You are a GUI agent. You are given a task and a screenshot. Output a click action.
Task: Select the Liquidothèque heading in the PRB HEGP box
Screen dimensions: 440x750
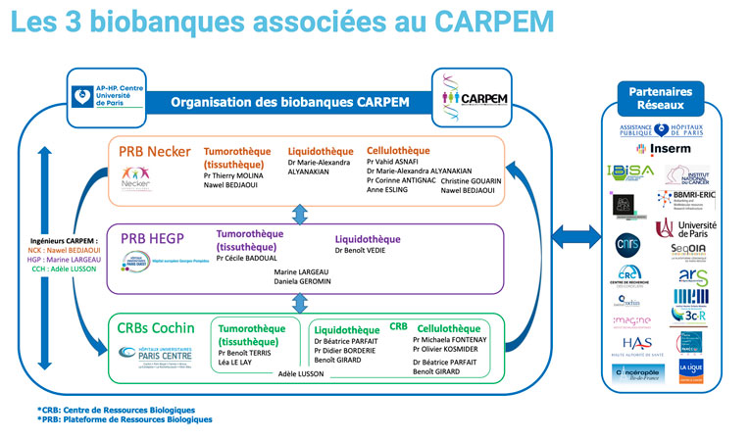[x=368, y=238]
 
